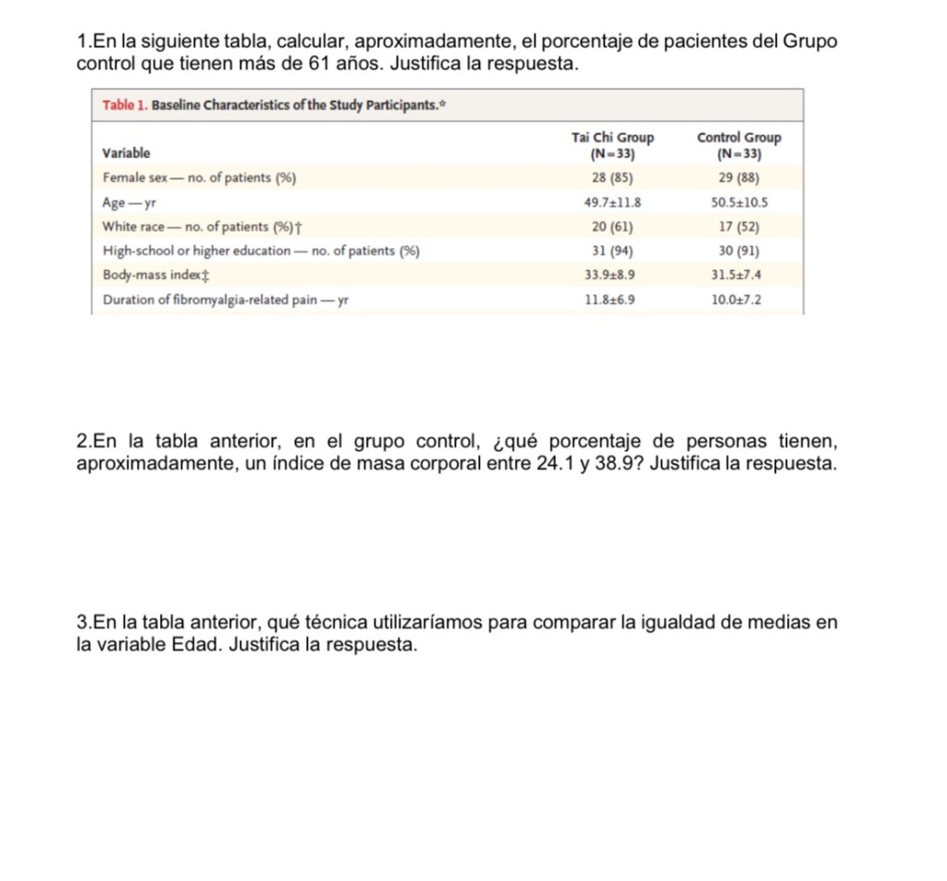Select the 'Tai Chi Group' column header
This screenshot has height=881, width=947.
(612, 138)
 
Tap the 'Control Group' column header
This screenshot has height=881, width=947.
(739, 138)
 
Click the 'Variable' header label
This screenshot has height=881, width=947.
(126, 153)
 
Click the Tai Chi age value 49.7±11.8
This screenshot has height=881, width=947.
(612, 202)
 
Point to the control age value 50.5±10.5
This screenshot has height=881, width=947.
(739, 202)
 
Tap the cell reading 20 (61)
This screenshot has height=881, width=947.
(611, 226)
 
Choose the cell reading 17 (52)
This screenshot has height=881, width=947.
(739, 226)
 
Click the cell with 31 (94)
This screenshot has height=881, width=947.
(611, 251)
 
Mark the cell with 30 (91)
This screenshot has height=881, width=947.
(739, 251)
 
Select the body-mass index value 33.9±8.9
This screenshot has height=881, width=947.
(612, 275)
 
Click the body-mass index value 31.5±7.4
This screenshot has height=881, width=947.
(739, 275)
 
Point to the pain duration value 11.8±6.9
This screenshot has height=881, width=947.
(612, 300)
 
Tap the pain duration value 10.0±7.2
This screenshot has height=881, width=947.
(739, 300)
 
